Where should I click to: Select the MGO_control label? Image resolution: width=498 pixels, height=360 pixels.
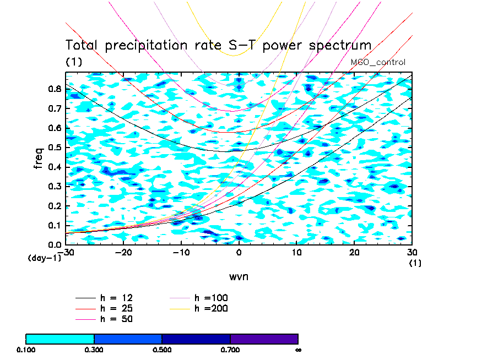(378, 62)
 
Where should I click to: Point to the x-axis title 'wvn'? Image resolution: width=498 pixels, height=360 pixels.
(239, 276)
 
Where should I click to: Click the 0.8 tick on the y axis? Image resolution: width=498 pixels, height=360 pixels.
(54, 89)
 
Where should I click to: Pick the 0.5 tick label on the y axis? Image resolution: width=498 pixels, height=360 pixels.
(54, 148)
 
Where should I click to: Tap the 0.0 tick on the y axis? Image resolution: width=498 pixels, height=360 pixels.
(54, 244)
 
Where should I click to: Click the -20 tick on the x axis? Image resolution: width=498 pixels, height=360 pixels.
(123, 252)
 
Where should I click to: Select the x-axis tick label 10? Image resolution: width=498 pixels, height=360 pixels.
(296, 252)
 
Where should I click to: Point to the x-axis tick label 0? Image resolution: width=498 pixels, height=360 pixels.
(239, 252)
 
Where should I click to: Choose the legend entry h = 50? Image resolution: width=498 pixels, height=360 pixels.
(116, 319)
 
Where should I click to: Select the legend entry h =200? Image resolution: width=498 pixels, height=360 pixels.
(211, 308)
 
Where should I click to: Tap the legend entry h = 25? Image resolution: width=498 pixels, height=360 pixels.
(116, 308)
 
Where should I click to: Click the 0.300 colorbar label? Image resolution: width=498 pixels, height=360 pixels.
(94, 350)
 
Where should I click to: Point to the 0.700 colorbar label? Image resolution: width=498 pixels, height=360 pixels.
(230, 350)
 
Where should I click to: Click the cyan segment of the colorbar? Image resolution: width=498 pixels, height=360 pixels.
(60, 339)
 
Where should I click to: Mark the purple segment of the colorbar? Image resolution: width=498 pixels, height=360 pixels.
(264, 339)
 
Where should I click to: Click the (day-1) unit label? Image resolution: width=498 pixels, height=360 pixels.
(44, 258)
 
